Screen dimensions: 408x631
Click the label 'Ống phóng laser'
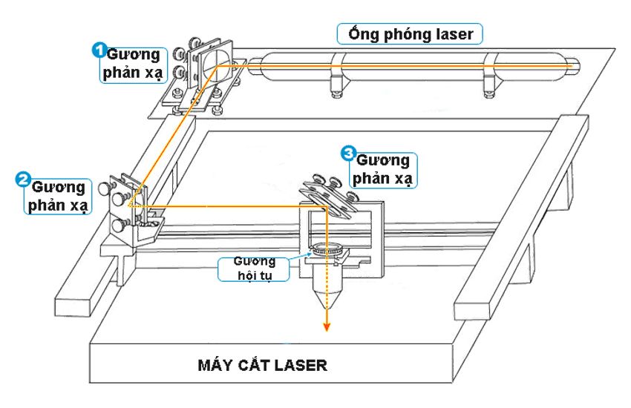click(410, 34)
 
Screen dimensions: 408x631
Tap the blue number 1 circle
click(97, 50)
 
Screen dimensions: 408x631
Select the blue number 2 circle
click(23, 180)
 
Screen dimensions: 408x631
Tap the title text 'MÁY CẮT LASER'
click(261, 365)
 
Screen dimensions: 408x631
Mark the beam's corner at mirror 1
click(217, 66)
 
